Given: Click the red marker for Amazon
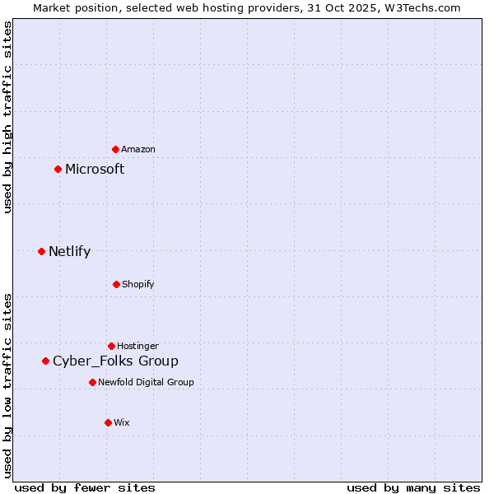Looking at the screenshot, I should [115, 149].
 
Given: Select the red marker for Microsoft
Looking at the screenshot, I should [58, 169].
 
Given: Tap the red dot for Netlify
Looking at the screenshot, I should [41, 251].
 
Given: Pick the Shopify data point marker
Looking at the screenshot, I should [116, 284].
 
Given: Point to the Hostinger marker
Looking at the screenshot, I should [111, 346].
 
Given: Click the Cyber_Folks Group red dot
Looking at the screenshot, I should [45, 361].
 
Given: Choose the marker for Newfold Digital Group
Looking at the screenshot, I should [92, 382].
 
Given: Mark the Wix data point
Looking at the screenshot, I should [108, 422].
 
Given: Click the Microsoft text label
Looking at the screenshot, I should [95, 169].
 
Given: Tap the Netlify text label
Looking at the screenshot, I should [69, 251].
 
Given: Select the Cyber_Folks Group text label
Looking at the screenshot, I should [115, 361].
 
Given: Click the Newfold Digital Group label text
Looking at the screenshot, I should [146, 382].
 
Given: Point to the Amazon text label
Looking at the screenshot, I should [138, 149].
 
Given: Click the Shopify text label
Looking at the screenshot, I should [137, 284].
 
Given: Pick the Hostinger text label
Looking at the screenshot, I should [137, 346].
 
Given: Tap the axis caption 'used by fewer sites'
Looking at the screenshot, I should [85, 487].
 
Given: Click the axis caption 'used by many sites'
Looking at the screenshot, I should [413, 487].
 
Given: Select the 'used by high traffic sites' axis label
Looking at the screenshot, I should [7, 117].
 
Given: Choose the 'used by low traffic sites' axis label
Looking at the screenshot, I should [7, 385].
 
